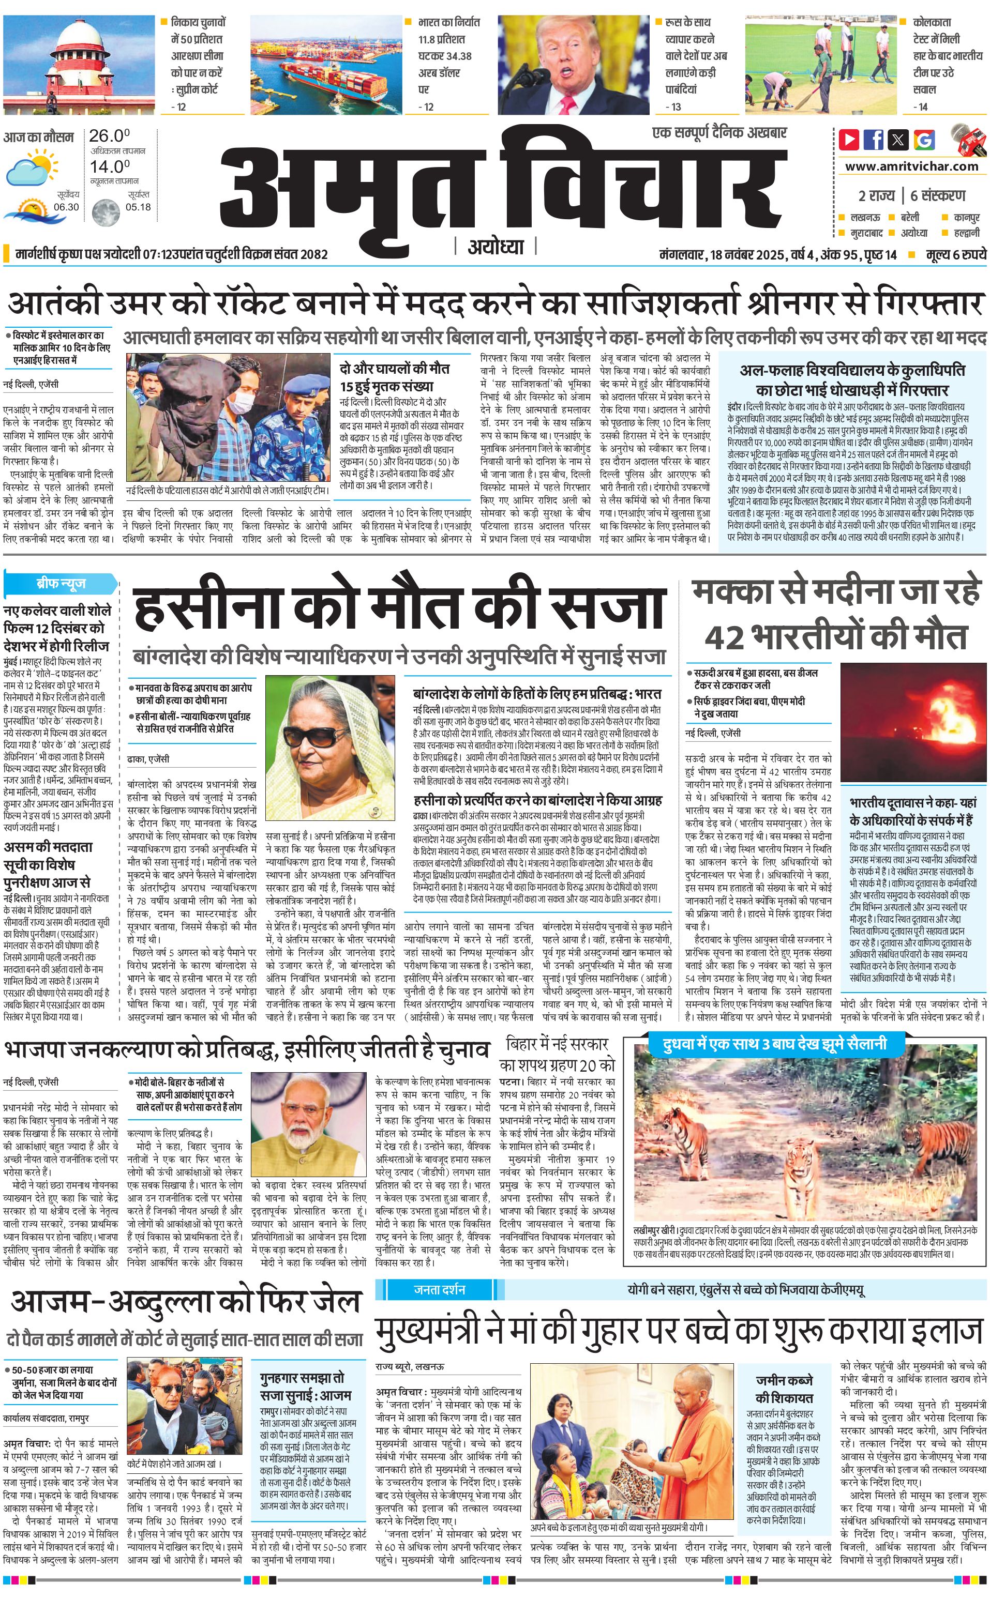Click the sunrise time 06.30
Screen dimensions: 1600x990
66,207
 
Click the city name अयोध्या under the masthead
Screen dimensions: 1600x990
496,247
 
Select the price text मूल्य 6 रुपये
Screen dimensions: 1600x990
955,254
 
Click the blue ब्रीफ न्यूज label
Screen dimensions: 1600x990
60,583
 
